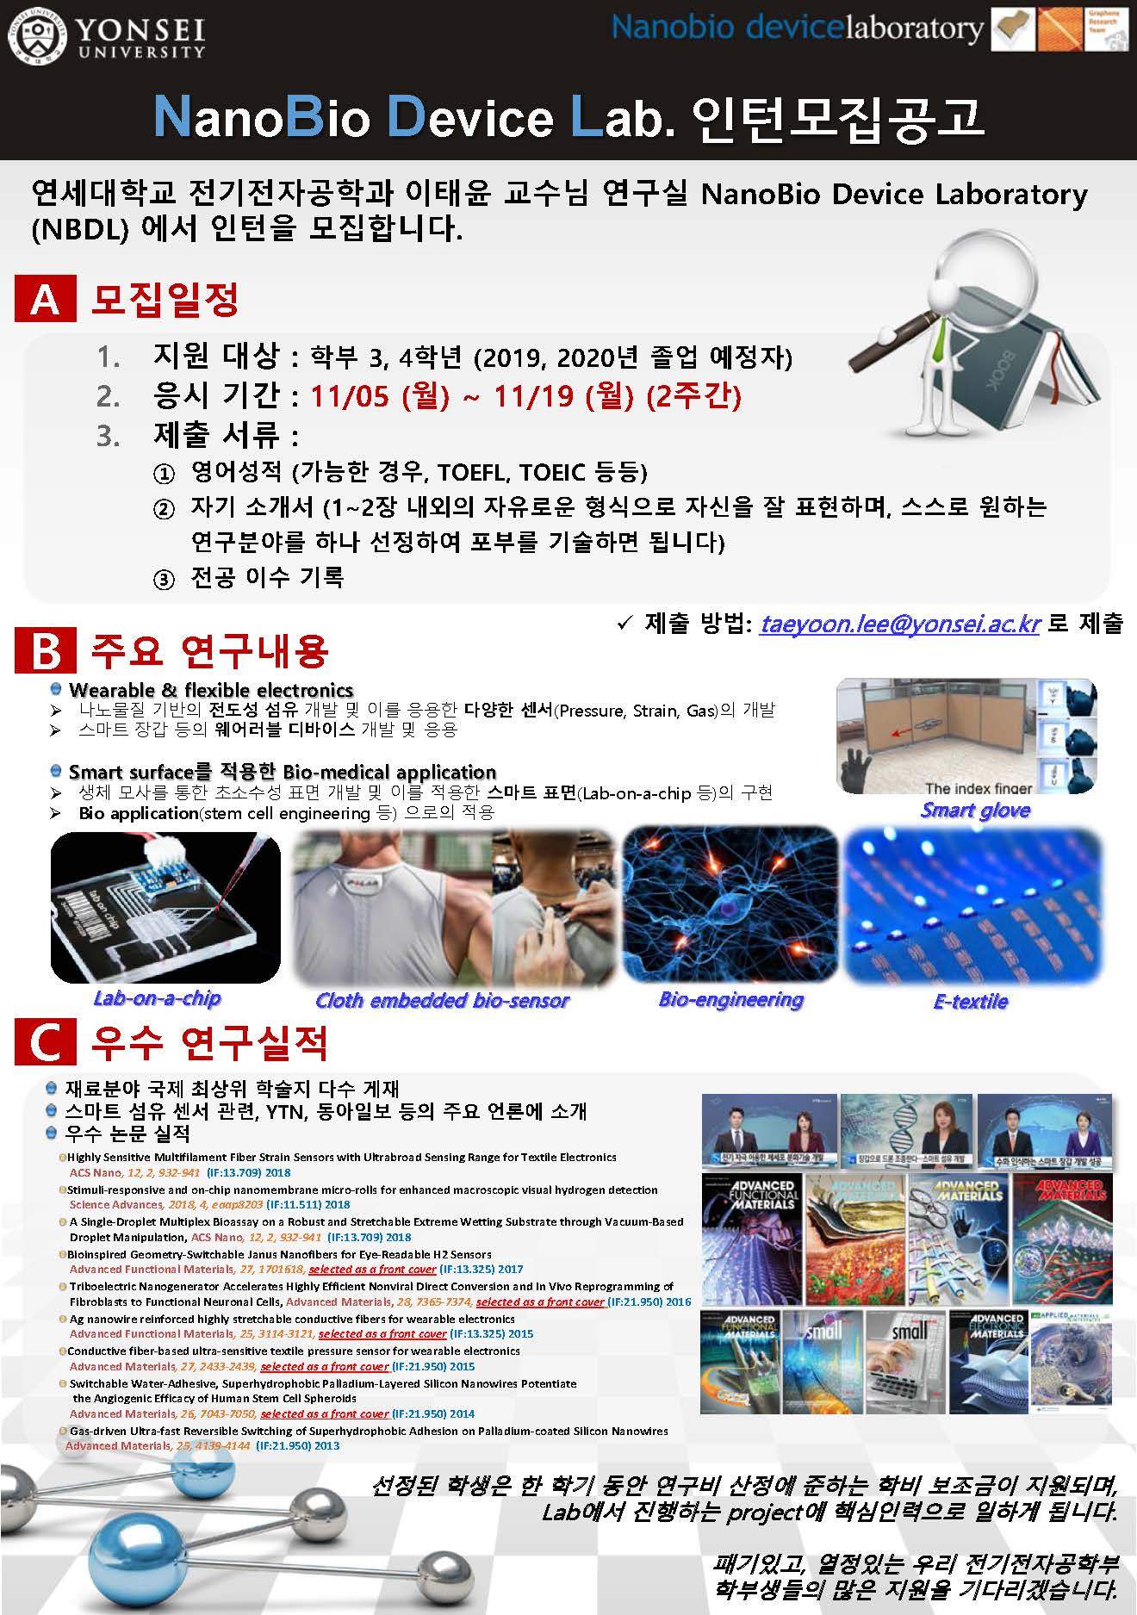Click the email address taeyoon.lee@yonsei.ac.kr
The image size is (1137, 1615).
coord(900,624)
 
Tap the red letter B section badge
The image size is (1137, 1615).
coord(45,650)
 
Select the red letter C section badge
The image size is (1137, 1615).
coord(45,1043)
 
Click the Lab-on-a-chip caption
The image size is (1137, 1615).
coord(157,998)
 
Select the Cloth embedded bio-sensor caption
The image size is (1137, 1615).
coord(442,1000)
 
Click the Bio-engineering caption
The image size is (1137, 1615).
coord(730,999)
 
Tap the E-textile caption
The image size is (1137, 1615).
coord(971,1001)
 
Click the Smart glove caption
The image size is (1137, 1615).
coord(975,810)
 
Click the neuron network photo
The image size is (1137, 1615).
coord(730,904)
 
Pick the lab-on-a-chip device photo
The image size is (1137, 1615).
coord(165,907)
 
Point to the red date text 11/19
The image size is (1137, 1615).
coord(534,396)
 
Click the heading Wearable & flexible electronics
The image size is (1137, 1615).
coord(211,690)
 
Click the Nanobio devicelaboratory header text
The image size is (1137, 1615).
coord(797,29)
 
